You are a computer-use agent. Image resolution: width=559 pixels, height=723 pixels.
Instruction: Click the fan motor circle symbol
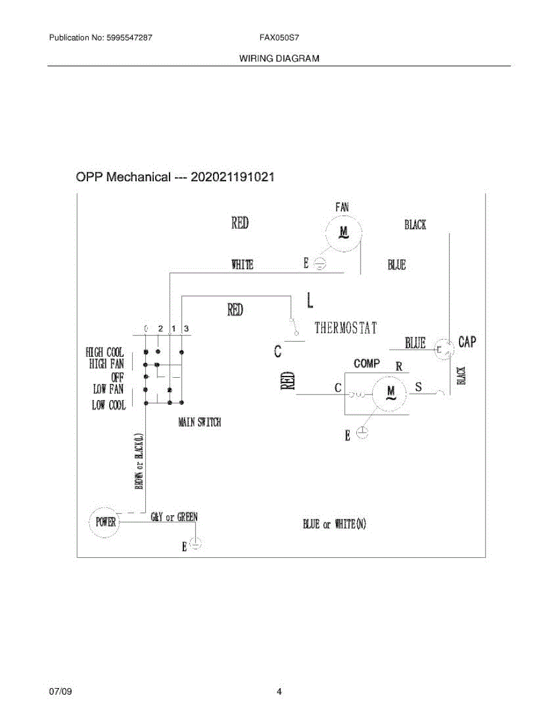[344, 232]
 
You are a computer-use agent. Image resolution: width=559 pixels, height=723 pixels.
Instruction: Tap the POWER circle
[106, 522]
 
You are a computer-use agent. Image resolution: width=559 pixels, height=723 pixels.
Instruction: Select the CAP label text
[467, 342]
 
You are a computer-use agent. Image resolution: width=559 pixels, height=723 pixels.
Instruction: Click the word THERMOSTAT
[346, 328]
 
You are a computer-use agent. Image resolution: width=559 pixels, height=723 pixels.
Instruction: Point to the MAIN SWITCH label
[200, 422]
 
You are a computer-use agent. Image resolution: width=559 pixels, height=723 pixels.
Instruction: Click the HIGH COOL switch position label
[105, 352]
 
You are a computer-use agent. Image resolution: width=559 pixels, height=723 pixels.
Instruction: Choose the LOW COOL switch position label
[109, 405]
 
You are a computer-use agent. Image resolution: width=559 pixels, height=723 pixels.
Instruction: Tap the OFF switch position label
[117, 377]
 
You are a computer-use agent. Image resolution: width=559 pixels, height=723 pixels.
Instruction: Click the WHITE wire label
[242, 264]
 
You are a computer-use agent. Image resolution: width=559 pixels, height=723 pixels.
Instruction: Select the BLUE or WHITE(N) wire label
[335, 524]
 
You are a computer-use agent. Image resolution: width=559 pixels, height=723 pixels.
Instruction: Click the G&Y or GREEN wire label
[174, 517]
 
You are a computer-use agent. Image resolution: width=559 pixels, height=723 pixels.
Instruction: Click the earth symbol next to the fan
[321, 264]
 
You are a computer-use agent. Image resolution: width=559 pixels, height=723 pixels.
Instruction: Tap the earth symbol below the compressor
[362, 433]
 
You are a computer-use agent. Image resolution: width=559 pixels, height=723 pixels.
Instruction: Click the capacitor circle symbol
[444, 349]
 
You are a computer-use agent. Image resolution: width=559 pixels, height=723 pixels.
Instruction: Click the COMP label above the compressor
[367, 363]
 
